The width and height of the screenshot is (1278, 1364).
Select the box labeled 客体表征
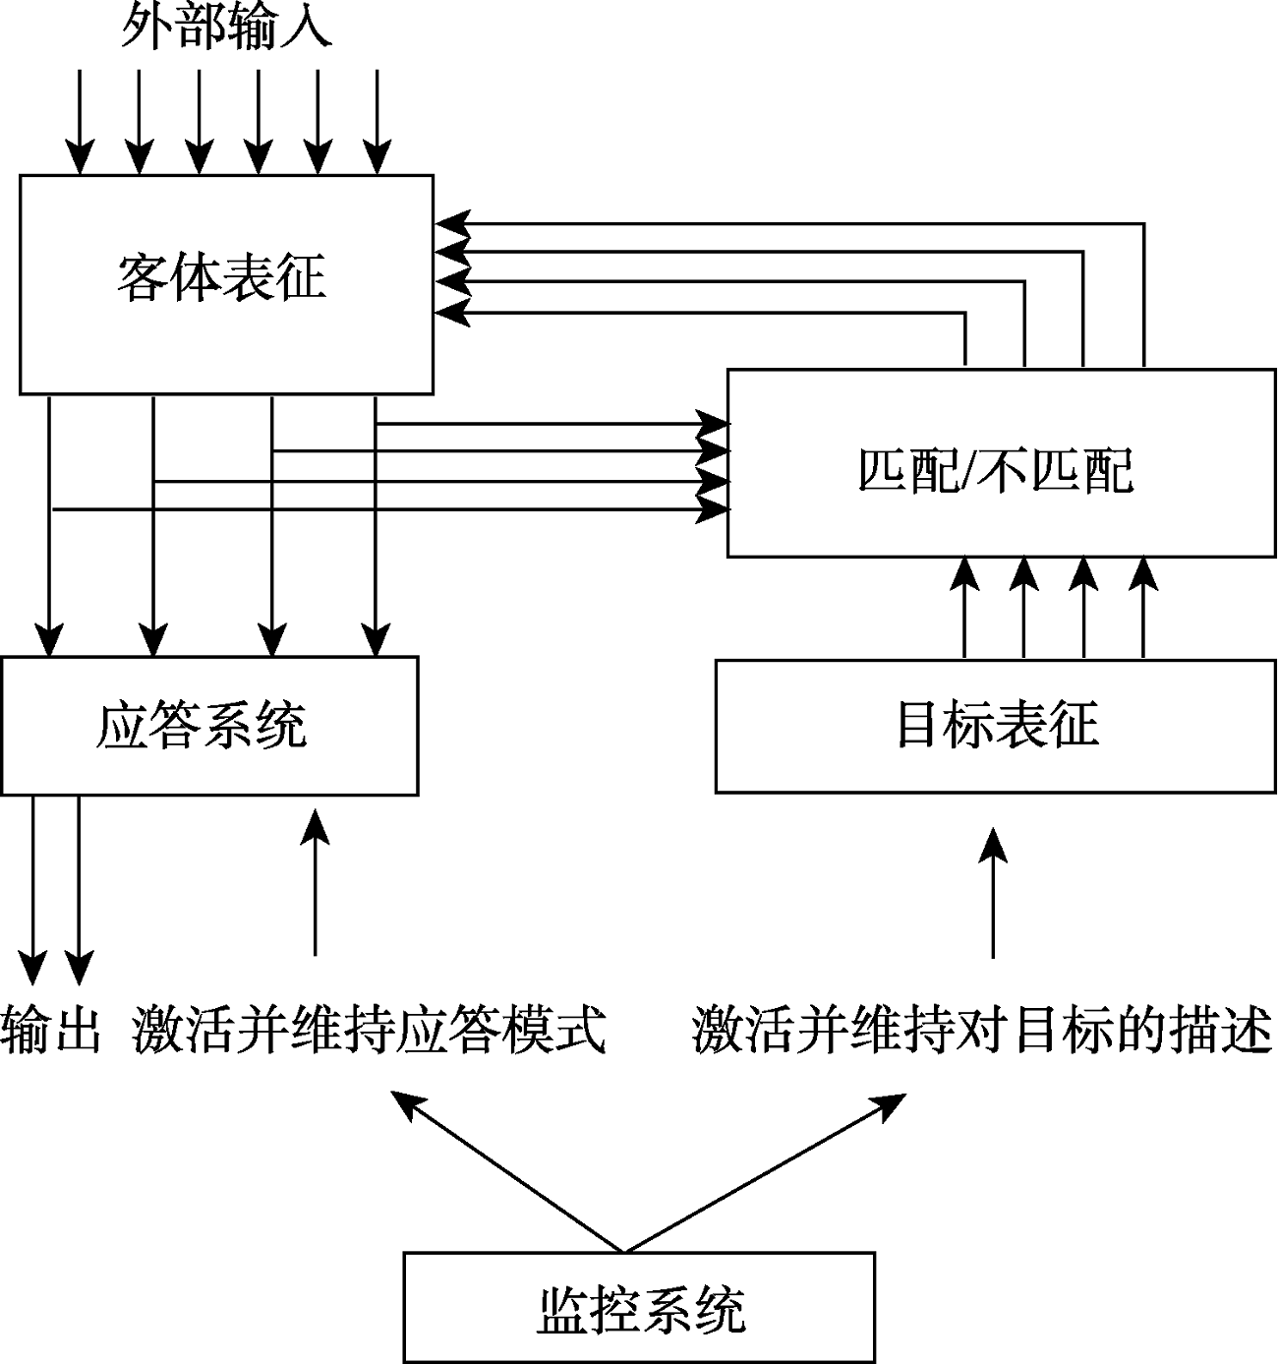226,284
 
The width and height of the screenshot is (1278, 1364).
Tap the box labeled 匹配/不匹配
1001,462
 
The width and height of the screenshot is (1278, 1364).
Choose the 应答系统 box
208,725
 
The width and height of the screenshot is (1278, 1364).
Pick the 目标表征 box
996,726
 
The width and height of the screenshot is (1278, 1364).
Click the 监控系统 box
639,1307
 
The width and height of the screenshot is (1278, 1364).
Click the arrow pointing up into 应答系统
315,880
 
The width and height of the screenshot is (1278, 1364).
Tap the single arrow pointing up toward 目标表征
994,890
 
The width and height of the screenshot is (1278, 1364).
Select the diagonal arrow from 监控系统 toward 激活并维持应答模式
506,1170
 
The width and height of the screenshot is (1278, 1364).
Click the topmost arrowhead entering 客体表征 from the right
452,223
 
